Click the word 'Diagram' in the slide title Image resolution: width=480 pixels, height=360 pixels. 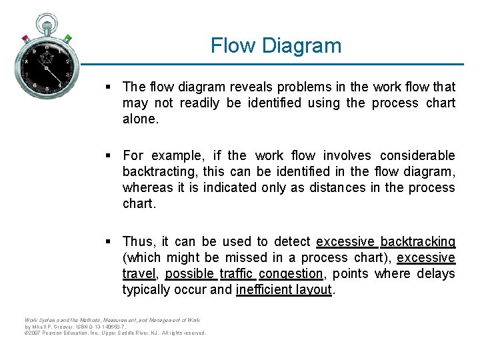point(302,46)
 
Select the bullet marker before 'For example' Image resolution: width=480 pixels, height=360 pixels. point(109,156)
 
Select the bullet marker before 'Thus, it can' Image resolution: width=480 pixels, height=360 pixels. point(109,242)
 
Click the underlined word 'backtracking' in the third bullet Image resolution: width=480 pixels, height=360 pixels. point(418,241)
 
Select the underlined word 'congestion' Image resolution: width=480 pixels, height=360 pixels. point(291,273)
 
